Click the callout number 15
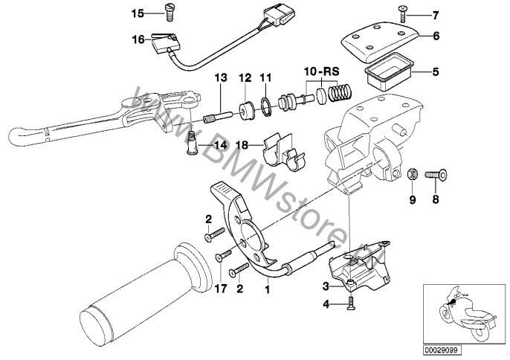pyautogui.click(x=136, y=13)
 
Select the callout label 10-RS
pyautogui.click(x=320, y=71)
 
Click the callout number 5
pyautogui.click(x=436, y=72)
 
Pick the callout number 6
pyautogui.click(x=436, y=35)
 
